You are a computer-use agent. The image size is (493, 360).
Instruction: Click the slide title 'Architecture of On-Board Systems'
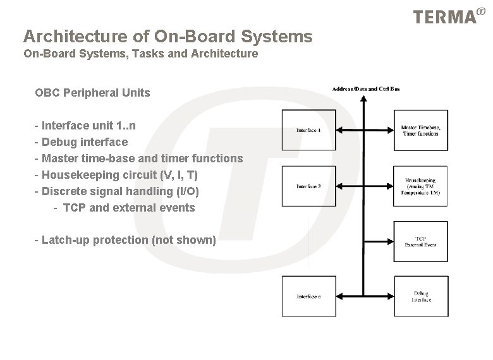coord(167,37)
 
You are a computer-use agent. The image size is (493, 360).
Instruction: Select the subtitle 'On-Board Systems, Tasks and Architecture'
coord(140,54)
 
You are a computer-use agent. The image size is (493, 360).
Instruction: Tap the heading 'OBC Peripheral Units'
coord(93,93)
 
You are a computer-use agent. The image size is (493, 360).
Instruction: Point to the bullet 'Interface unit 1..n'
coord(85,126)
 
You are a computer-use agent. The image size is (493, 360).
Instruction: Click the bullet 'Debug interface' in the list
coord(82,142)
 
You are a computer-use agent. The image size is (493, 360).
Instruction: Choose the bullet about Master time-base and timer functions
coord(139,159)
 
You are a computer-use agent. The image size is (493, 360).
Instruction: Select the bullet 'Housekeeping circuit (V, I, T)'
coord(120,175)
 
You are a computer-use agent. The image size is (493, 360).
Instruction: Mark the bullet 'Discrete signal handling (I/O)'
coord(117,191)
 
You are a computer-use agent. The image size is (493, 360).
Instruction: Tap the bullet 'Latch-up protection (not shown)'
coord(125,240)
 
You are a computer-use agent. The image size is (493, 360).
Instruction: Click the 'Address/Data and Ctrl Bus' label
coord(366,89)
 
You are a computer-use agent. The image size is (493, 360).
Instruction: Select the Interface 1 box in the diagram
coord(309,130)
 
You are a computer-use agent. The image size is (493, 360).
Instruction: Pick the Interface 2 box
coord(309,186)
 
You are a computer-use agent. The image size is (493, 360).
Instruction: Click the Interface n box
coord(309,296)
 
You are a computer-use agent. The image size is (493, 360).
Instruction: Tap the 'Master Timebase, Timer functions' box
coord(421,130)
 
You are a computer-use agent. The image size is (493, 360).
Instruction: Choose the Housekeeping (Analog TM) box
coord(421,186)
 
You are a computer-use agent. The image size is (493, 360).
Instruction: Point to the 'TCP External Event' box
coord(421,241)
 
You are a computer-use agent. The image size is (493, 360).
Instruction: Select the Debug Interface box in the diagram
coord(421,296)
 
